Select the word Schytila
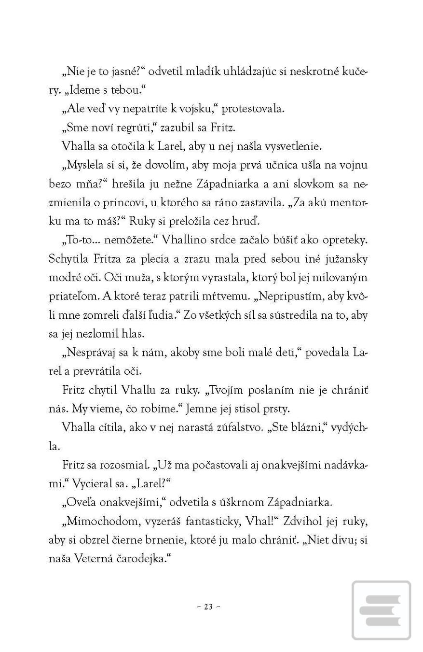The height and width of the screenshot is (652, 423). point(67,259)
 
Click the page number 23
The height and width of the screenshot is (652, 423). point(208,607)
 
